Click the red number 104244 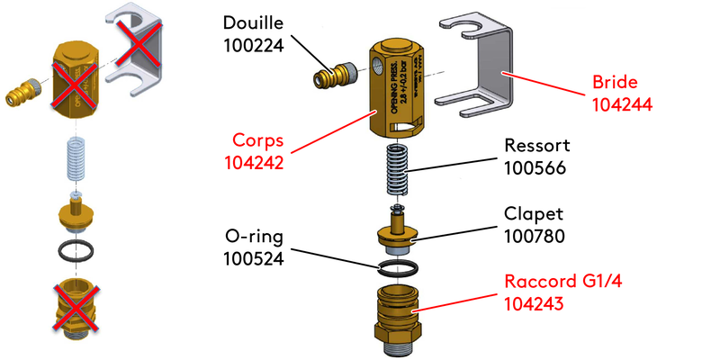coord(622,103)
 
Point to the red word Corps coord(255,141)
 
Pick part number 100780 coord(537,238)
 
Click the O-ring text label coord(255,238)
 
